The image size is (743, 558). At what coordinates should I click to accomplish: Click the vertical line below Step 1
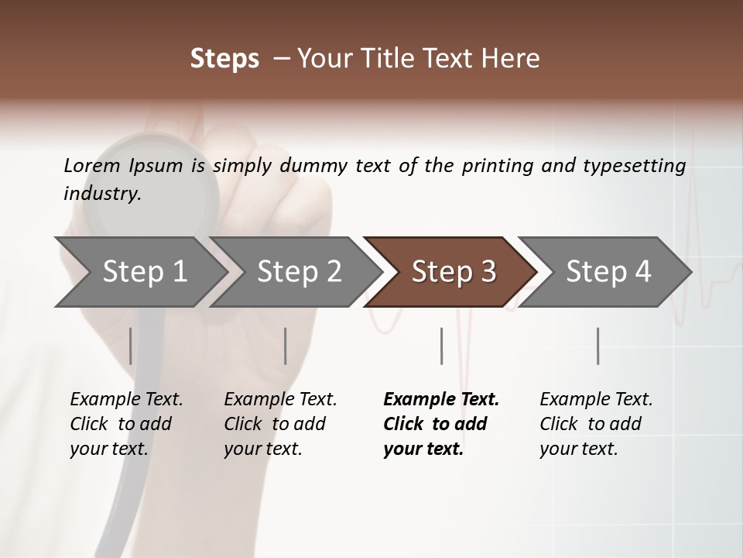click(x=130, y=346)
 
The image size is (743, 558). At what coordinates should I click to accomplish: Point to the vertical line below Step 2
click(x=286, y=346)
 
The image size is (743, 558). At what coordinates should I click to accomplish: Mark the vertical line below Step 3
click(x=441, y=346)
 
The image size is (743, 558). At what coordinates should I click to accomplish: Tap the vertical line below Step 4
click(x=597, y=346)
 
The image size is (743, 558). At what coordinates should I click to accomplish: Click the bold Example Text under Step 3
click(x=440, y=424)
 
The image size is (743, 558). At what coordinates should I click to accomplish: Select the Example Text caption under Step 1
click(x=126, y=424)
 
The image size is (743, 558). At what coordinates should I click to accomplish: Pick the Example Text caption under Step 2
click(x=280, y=424)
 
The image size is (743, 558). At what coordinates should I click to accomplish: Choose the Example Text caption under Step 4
click(x=596, y=424)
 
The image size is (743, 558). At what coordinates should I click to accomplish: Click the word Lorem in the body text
click(x=91, y=165)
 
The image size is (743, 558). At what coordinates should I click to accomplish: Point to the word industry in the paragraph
click(x=102, y=193)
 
